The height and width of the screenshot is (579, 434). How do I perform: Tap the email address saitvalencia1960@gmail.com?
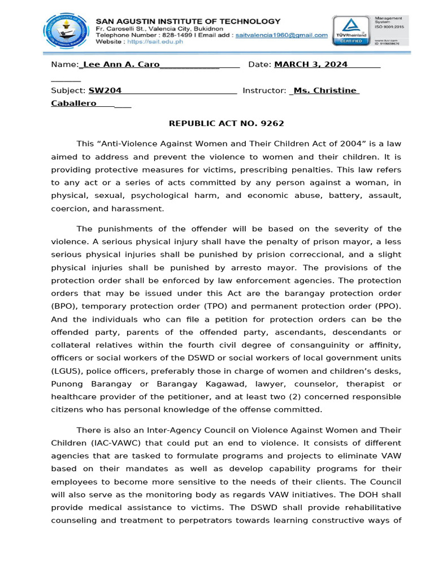282,35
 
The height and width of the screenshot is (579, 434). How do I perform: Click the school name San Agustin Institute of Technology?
188,21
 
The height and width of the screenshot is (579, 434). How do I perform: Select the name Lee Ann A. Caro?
121,64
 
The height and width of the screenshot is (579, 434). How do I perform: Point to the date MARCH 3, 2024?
311,64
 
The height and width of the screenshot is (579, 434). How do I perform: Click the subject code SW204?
105,90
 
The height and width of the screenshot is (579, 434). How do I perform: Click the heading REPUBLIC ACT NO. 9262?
227,123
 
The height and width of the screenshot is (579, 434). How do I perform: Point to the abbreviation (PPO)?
385,306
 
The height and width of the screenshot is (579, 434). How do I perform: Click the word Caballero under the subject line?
74,103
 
